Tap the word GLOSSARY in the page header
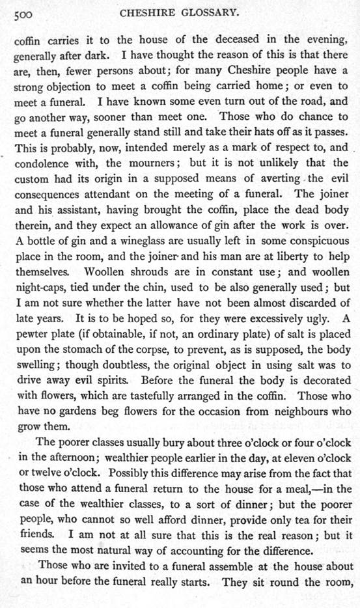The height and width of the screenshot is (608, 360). click(210, 13)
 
